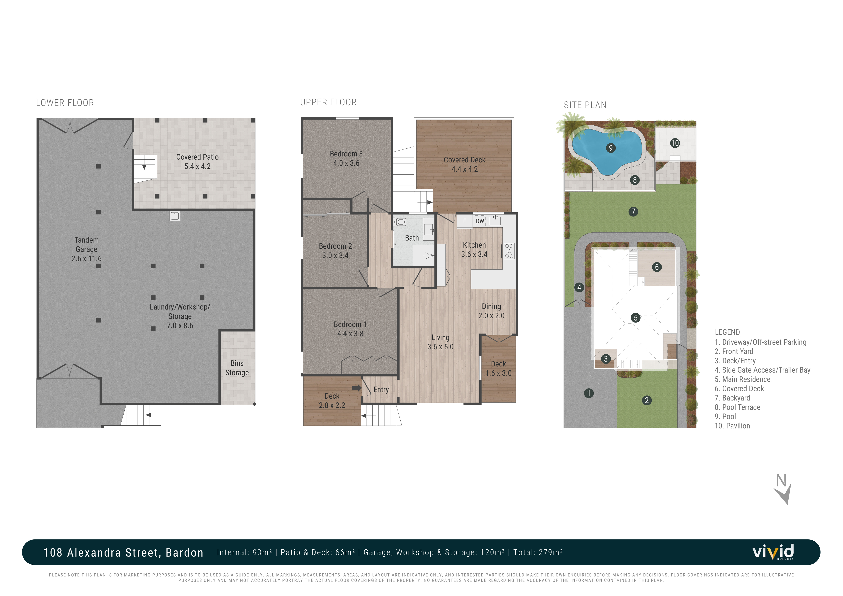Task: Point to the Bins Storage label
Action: coord(237,368)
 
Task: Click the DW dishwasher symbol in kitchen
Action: coord(480,221)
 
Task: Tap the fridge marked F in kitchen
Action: coord(464,221)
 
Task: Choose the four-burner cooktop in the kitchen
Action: coord(509,251)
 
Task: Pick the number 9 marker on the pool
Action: coord(611,148)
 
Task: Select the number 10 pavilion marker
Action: coord(675,143)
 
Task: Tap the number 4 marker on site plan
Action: coord(579,287)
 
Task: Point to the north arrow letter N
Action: coord(781,480)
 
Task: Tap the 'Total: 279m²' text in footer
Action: coord(538,552)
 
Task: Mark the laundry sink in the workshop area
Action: coord(175,216)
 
